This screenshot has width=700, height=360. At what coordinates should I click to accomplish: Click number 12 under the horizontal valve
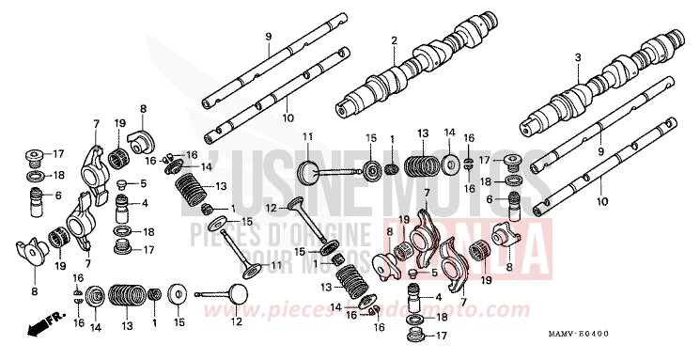point(235,322)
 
